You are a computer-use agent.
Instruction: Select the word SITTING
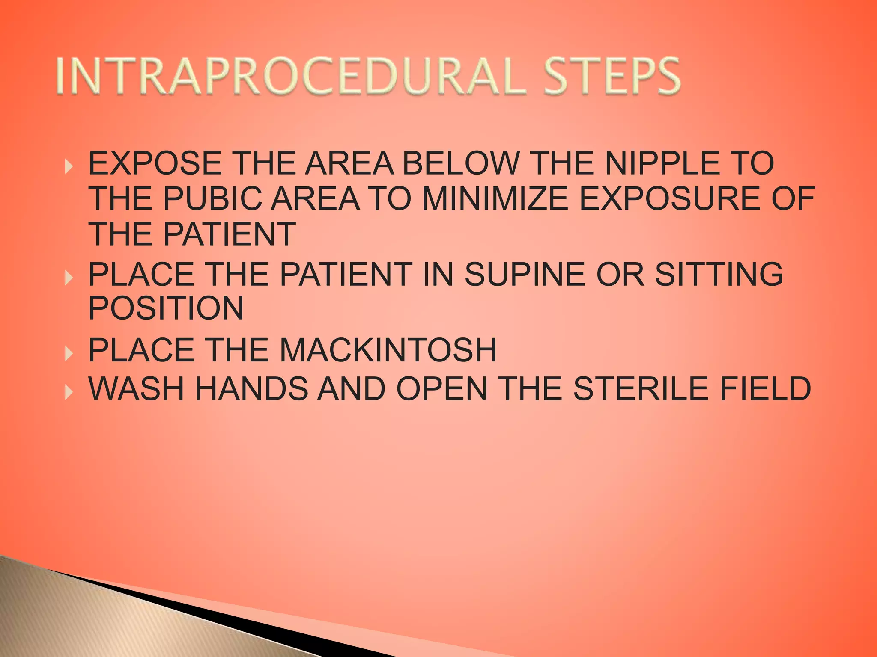click(719, 274)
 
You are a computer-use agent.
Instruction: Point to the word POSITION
click(166, 308)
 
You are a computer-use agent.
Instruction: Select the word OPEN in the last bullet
click(441, 388)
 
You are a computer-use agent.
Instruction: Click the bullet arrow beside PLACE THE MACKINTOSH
click(68, 353)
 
